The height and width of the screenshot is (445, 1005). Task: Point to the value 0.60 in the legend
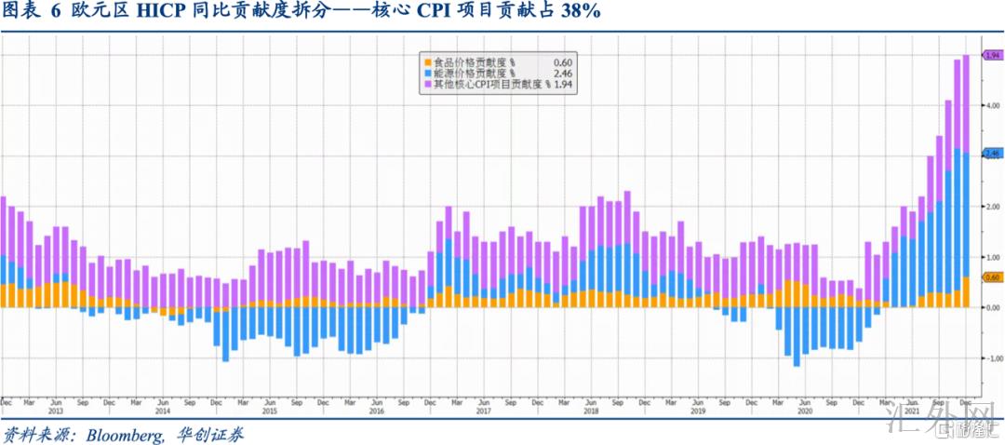[x=562, y=62]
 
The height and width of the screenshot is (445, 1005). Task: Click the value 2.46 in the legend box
[x=562, y=73]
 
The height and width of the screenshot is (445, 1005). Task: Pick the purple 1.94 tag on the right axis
[x=992, y=56]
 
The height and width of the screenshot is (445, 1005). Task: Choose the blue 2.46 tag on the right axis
[x=992, y=153]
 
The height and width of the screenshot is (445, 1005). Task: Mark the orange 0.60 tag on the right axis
[x=992, y=276]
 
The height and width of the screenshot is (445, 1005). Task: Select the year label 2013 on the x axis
[x=55, y=411]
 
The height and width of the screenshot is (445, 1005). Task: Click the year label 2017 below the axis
[x=483, y=411]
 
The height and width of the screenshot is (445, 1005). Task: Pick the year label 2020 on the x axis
[x=804, y=411]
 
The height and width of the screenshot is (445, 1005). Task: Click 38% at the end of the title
[x=579, y=12]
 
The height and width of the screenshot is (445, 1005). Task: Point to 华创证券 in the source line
[x=210, y=435]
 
